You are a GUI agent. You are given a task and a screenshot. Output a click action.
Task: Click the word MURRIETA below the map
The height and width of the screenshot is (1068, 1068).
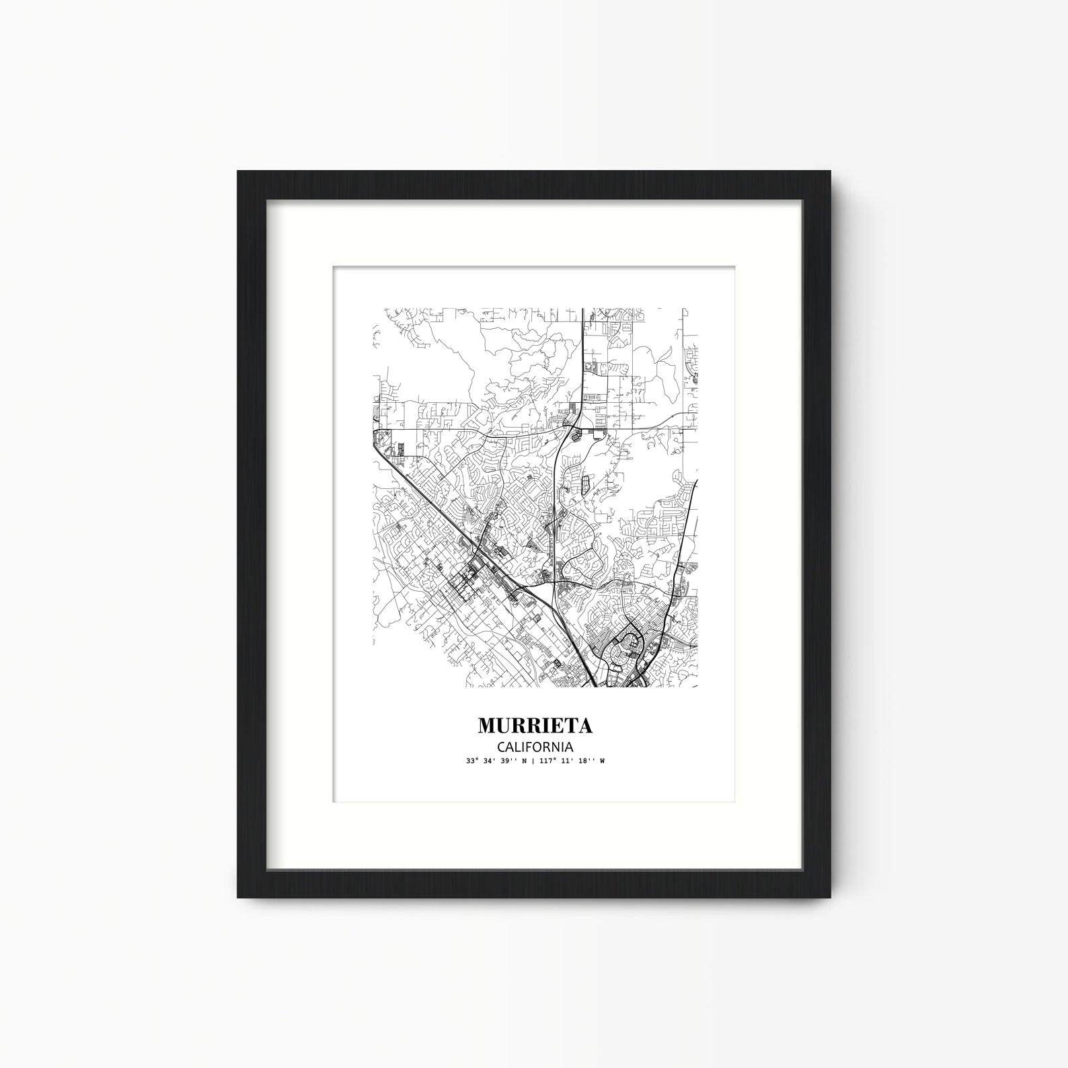coord(535,726)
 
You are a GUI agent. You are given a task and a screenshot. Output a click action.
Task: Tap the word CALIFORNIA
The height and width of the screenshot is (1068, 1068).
coord(535,747)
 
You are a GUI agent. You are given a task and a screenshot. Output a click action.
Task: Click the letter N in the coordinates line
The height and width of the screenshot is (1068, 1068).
coord(525,761)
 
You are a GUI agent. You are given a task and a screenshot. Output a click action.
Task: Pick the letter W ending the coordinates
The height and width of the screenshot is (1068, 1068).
coord(602,761)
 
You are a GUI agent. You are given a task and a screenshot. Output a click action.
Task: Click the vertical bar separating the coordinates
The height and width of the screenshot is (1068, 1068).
coord(533,761)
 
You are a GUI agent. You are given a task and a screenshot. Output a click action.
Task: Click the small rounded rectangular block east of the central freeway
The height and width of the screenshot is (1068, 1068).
coord(584,482)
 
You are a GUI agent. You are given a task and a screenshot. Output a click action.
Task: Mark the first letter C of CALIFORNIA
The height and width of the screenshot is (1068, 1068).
coord(502,747)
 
